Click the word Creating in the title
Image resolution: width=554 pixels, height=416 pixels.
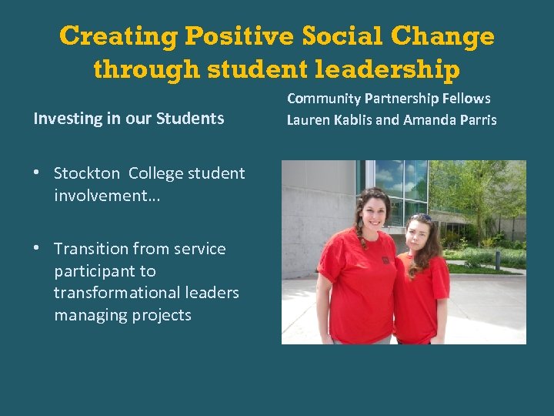pyautogui.click(x=118, y=36)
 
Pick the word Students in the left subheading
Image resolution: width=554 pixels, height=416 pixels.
pyautogui.click(x=190, y=119)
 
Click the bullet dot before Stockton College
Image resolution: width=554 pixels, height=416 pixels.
pyautogui.click(x=37, y=173)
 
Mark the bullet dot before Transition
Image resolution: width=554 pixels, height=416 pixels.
pyautogui.click(x=37, y=248)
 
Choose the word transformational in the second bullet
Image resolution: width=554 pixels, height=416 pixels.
pyautogui.click(x=146, y=293)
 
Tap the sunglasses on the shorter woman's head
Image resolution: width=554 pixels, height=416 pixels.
pyautogui.click(x=421, y=218)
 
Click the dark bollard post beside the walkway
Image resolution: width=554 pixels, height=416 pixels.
pyautogui.click(x=498, y=259)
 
